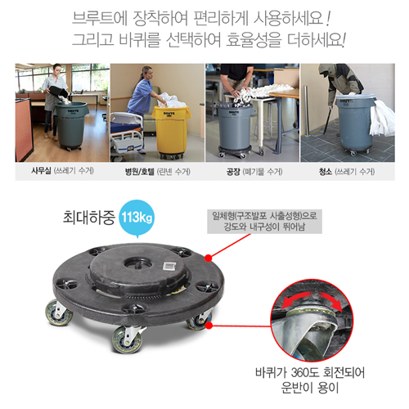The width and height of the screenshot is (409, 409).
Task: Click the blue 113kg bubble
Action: point(137,218)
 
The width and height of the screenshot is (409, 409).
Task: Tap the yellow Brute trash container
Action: point(172,132)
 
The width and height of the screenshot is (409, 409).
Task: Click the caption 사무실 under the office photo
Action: point(41,171)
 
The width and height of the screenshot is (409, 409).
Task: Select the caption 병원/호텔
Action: point(140,172)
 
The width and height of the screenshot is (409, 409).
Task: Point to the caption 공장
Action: point(233,172)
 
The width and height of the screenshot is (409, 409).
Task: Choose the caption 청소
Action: point(326,172)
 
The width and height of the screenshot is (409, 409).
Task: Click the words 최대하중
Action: point(89,218)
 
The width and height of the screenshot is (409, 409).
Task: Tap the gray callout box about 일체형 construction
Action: point(264,222)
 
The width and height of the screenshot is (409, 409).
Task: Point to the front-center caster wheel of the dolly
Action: point(127,339)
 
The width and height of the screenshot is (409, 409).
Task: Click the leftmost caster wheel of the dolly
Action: point(59,312)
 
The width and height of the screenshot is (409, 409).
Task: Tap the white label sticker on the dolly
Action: point(170,266)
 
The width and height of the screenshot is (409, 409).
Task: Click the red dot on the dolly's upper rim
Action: point(209,258)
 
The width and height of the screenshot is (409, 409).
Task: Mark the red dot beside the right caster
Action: point(209,326)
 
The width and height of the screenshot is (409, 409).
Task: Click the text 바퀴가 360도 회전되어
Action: point(310,372)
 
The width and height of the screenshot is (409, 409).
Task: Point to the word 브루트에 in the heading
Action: point(100,18)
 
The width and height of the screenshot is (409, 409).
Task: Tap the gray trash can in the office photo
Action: point(71,125)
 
